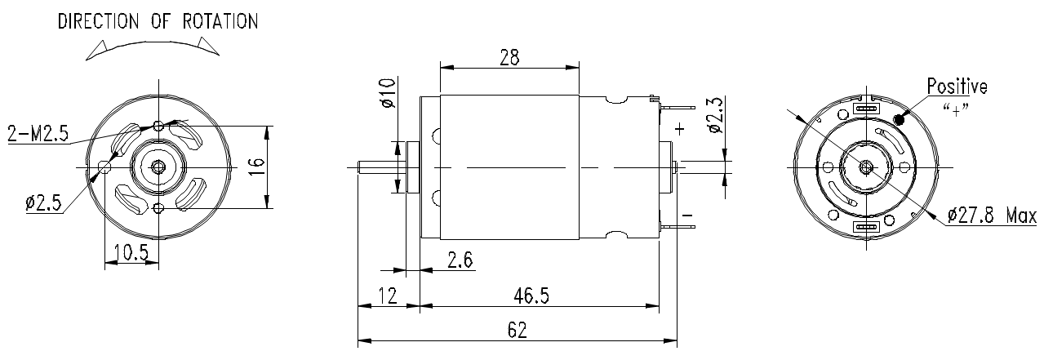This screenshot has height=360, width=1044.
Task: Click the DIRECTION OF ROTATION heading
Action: click(158, 21)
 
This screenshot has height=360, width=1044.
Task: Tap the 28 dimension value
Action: click(509, 57)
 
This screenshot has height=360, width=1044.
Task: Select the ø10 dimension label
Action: click(388, 93)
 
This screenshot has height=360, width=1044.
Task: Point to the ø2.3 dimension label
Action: click(715, 115)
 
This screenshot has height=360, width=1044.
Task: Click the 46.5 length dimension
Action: click(531, 296)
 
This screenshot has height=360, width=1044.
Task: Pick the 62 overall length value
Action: click(518, 330)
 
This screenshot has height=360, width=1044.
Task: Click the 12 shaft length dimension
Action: click(388, 296)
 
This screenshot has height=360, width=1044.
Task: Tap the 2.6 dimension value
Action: click(460, 260)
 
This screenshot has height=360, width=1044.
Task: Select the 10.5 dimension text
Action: click(131, 252)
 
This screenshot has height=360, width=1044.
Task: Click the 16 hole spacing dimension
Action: click(257, 167)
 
